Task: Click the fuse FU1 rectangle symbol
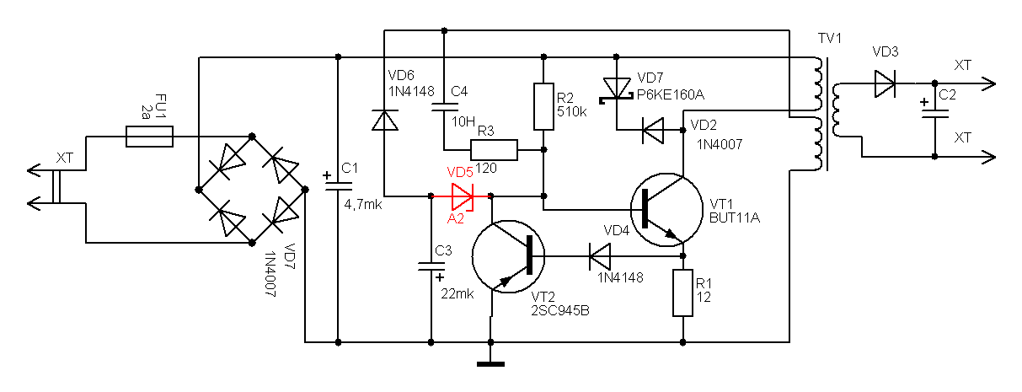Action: click(149, 137)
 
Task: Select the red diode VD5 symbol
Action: click(463, 196)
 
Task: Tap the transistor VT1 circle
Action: click(666, 209)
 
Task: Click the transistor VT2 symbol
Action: click(508, 256)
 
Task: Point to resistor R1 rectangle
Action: click(683, 293)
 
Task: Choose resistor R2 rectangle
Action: click(543, 106)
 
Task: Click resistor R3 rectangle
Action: click(494, 150)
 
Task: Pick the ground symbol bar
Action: click(490, 364)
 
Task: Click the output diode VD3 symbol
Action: click(885, 83)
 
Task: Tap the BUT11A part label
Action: click(735, 218)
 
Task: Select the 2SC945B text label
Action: click(559, 311)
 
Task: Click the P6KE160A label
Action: click(671, 95)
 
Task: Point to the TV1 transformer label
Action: click(830, 38)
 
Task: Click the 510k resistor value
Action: click(572, 112)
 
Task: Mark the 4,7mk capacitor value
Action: click(363, 205)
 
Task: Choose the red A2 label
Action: click(455, 218)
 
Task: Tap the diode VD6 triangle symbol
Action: click(384, 120)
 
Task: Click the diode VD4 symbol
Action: click(600, 256)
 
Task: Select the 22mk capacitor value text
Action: click(457, 294)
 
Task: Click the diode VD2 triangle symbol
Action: click(652, 130)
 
